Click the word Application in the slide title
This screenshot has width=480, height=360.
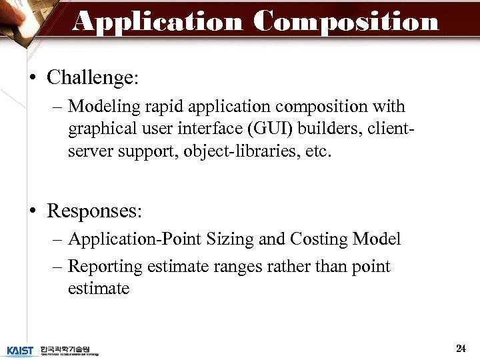point(158,21)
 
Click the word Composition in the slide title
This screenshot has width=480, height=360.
point(346,21)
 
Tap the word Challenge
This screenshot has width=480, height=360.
point(90,78)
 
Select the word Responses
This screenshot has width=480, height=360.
point(94,211)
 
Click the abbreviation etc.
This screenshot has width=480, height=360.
point(317,151)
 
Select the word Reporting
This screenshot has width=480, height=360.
point(105,267)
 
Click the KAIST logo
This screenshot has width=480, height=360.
point(20,350)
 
